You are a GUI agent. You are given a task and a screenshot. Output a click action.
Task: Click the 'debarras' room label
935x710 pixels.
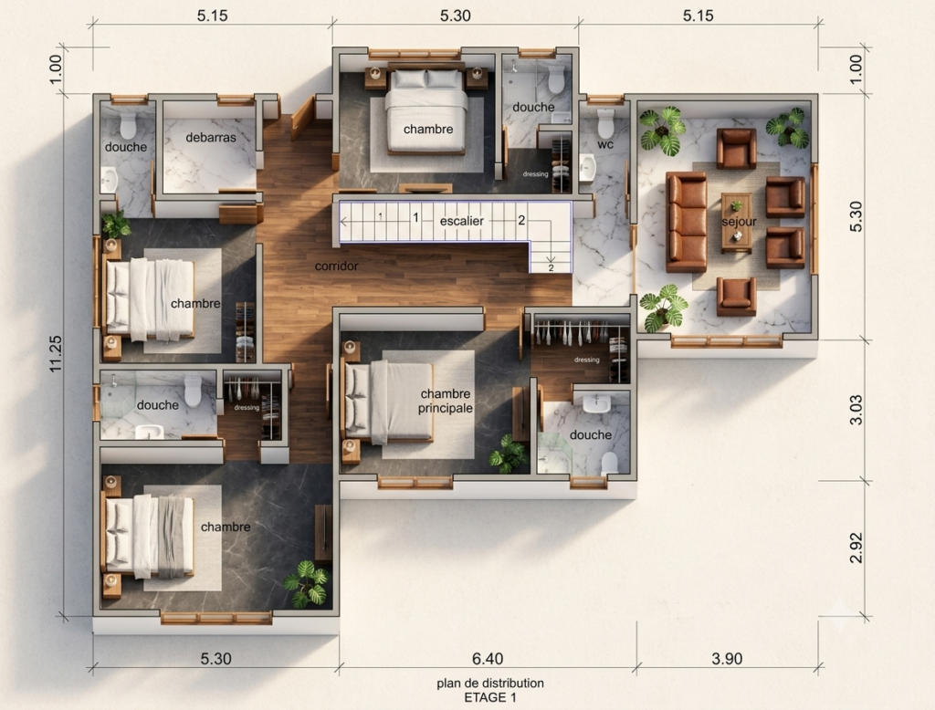(x=211, y=138)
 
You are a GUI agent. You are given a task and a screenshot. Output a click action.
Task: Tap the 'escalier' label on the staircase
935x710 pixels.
(x=461, y=221)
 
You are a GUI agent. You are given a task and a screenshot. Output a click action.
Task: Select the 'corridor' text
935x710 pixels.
(x=336, y=266)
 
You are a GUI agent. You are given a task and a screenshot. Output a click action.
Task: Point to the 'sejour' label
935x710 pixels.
(x=739, y=222)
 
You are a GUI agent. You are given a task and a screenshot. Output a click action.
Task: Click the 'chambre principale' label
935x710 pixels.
(x=446, y=402)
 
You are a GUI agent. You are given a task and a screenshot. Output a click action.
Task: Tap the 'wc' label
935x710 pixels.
(x=605, y=144)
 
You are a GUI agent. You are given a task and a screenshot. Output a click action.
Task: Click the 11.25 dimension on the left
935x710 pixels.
(x=56, y=354)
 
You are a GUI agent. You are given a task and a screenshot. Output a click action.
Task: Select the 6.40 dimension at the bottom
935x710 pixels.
(x=488, y=659)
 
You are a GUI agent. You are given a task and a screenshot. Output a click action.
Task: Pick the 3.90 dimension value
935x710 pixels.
(x=727, y=659)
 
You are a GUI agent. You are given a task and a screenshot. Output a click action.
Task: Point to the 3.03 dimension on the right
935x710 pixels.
(x=856, y=410)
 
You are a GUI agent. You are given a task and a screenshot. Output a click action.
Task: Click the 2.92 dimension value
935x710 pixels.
(x=856, y=548)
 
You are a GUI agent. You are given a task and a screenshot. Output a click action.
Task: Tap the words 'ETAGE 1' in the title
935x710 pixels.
(x=490, y=697)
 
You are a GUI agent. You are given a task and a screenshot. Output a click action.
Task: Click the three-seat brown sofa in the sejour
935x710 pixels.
(x=687, y=222)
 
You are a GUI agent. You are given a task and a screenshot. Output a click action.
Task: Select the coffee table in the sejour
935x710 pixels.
(x=737, y=223)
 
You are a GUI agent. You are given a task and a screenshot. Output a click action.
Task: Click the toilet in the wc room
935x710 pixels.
(x=605, y=123)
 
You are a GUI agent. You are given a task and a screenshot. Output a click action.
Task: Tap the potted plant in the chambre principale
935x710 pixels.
(x=508, y=454)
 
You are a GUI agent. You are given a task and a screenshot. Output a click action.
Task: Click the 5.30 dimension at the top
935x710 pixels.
(x=455, y=16)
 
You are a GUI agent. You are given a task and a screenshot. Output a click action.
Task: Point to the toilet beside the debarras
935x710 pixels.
(x=128, y=125)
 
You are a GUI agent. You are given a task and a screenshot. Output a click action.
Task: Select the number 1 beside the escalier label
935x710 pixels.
(x=416, y=218)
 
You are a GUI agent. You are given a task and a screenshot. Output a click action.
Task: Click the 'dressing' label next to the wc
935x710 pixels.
(x=535, y=174)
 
